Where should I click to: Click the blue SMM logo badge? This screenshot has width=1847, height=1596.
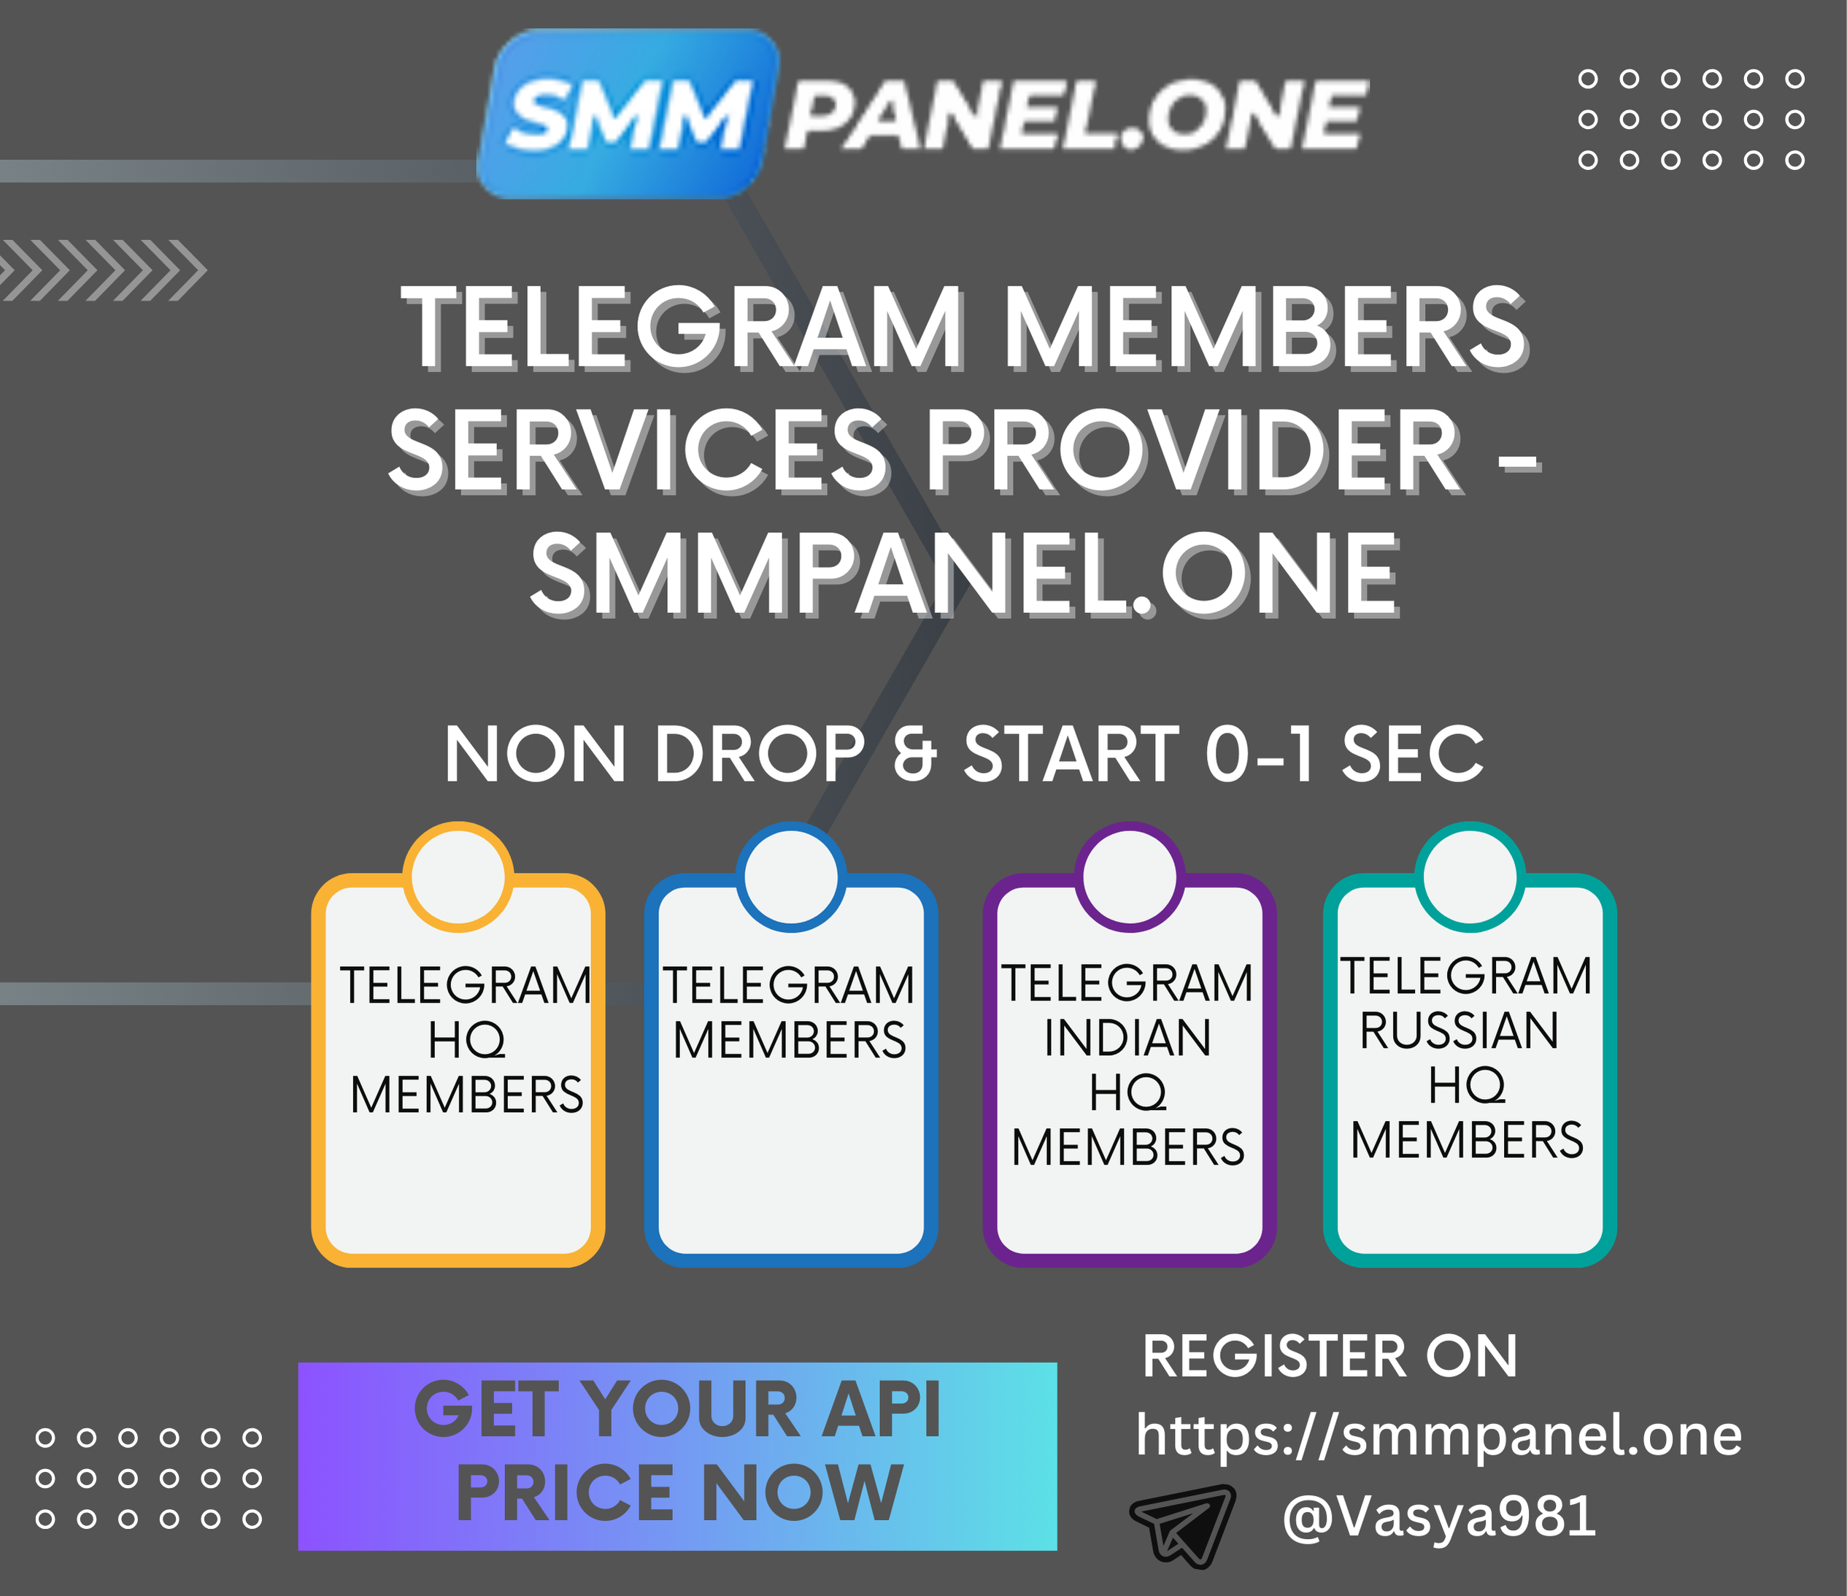pos(628,113)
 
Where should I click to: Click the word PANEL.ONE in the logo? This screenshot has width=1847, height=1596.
pos(1075,114)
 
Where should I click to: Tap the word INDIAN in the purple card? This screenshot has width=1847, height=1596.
pos(1127,1038)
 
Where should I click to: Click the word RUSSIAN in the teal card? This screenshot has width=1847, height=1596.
pos(1460,1030)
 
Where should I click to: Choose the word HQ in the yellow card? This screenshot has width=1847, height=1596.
pos(467,1041)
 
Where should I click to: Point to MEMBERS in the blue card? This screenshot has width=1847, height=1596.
pos(790,1040)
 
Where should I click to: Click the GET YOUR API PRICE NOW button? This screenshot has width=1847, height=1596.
pos(677,1457)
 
